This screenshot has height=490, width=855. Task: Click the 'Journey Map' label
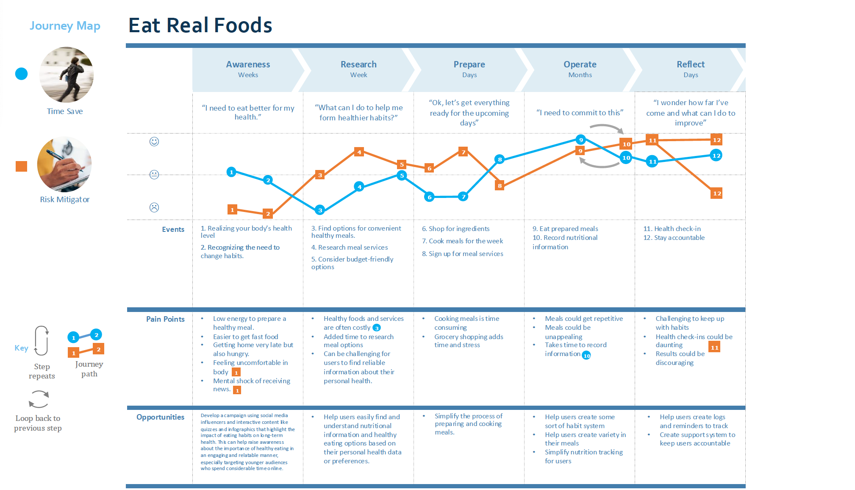click(x=65, y=26)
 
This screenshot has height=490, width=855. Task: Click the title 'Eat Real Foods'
click(x=200, y=25)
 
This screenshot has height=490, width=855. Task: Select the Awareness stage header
click(x=248, y=69)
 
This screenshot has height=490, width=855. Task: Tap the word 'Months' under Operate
click(x=580, y=75)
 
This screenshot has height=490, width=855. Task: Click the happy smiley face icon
click(x=154, y=142)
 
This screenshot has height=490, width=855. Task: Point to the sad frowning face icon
click(x=154, y=207)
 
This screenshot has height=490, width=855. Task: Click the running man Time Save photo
click(x=67, y=75)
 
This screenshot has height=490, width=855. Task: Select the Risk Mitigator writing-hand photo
click(x=64, y=164)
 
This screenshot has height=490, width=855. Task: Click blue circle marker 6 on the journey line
click(x=429, y=197)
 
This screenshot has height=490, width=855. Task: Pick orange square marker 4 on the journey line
click(x=359, y=152)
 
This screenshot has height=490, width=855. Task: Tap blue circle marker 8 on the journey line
click(x=500, y=159)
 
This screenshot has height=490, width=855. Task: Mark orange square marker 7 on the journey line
click(x=464, y=152)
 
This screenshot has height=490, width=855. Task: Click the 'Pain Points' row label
click(x=165, y=319)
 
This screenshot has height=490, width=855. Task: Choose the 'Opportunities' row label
click(x=160, y=417)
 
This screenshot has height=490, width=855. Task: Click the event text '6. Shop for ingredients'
click(x=455, y=229)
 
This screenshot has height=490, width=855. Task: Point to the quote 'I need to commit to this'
click(x=580, y=113)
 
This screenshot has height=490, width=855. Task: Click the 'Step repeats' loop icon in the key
click(x=42, y=340)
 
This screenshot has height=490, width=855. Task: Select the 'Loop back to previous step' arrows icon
click(x=39, y=399)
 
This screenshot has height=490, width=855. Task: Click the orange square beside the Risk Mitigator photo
click(x=21, y=167)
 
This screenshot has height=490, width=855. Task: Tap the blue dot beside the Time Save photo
click(x=21, y=74)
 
